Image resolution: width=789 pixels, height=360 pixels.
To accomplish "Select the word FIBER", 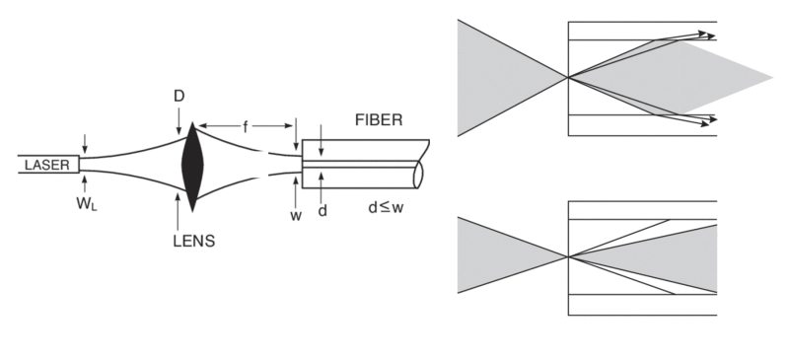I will [x=380, y=120].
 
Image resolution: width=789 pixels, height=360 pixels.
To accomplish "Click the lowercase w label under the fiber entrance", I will [x=295, y=215].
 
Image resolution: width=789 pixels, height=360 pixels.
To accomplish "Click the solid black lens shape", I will [x=191, y=167].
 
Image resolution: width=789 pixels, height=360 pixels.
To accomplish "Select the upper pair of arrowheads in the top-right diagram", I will [x=707, y=36].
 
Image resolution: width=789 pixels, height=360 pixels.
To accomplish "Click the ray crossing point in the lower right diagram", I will [x=568, y=256].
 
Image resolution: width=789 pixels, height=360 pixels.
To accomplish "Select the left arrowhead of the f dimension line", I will [x=199, y=126].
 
